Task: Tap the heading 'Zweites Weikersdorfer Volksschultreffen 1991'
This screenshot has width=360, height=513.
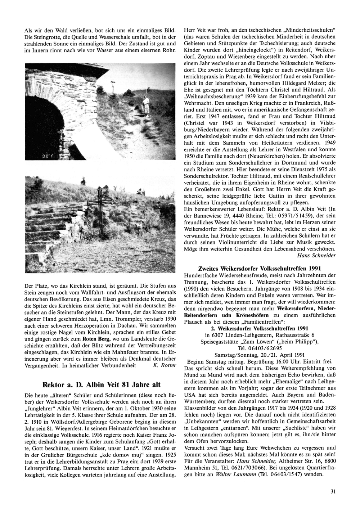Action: coord(260,269)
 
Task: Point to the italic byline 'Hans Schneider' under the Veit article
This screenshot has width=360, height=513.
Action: coord(316,255)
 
